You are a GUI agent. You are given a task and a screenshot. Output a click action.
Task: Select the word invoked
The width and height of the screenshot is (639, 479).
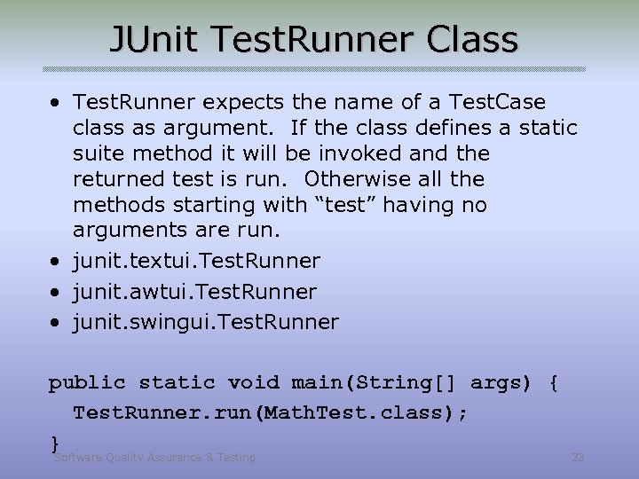pyautogui.click(x=359, y=154)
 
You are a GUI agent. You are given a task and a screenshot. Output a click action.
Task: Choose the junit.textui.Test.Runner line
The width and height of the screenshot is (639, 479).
pyautogui.click(x=196, y=262)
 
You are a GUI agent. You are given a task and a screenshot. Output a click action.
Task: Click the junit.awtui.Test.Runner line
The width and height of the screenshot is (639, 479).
pyautogui.click(x=194, y=292)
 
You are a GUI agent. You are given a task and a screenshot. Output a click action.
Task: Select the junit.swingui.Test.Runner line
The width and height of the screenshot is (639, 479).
pyautogui.click(x=205, y=322)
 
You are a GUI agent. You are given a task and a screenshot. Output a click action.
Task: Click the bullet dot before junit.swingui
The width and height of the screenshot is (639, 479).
pyautogui.click(x=55, y=323)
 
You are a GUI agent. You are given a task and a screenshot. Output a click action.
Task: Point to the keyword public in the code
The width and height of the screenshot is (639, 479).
pyautogui.click(x=87, y=383)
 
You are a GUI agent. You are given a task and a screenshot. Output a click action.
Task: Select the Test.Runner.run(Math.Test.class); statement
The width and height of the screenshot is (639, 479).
pyautogui.click(x=271, y=413)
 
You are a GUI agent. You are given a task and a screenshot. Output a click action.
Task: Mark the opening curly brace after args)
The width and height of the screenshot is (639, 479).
pyautogui.click(x=554, y=383)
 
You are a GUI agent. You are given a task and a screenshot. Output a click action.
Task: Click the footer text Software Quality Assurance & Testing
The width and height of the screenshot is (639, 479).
pyautogui.click(x=154, y=458)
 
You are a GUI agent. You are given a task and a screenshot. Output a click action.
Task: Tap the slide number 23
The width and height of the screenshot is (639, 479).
pyautogui.click(x=578, y=458)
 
